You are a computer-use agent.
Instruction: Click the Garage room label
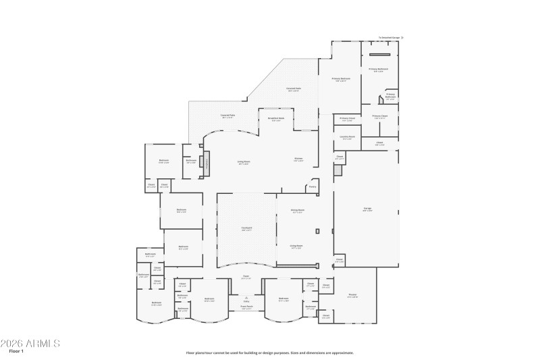pos(369,209)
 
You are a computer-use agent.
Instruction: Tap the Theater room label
pos(352,295)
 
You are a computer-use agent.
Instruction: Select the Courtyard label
pos(247,228)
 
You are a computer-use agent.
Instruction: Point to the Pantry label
pos(313,187)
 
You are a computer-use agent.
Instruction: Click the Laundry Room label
pos(347,137)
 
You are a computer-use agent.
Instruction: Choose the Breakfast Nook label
pos(275,119)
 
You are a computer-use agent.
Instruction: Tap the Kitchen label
pos(298,159)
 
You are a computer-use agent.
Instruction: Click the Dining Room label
pos(298,211)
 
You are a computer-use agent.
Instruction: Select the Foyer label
pos(246,277)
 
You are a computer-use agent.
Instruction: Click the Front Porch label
pos(246,307)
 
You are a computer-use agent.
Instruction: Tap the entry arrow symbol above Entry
pos(246,297)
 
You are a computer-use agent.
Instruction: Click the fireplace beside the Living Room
pos(207,162)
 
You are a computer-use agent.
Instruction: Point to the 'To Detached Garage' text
pos(389,38)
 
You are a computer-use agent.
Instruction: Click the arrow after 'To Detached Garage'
pos(403,38)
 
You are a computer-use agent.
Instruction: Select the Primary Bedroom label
pos(341,79)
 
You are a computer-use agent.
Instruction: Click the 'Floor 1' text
pos(16,351)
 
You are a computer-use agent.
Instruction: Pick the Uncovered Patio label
pos(294,89)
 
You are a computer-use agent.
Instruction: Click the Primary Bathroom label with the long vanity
pos(378,70)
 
